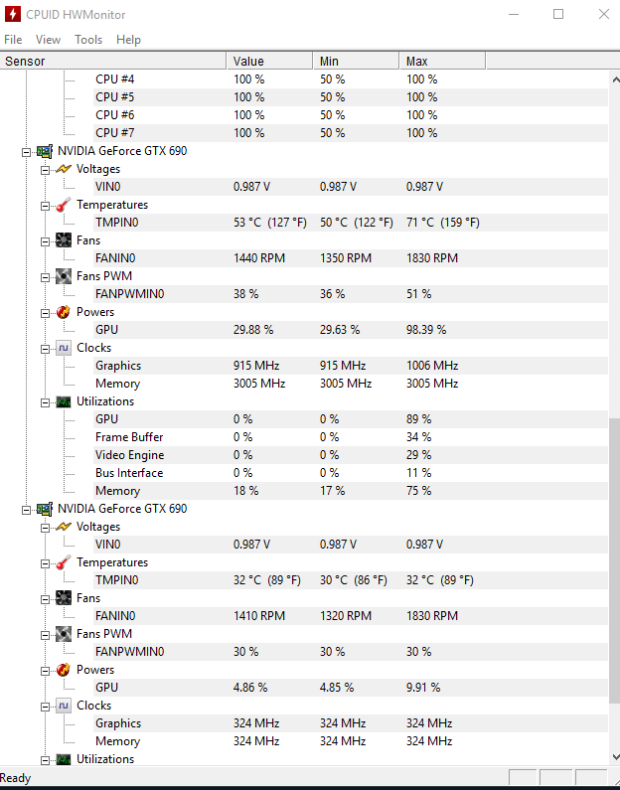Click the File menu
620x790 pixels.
(x=13, y=40)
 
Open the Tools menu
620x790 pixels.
(x=88, y=40)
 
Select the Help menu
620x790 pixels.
(x=128, y=40)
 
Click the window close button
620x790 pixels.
(x=603, y=14)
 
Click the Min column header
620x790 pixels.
(x=330, y=62)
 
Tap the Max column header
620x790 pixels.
(x=417, y=62)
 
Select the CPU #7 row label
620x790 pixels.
(x=114, y=133)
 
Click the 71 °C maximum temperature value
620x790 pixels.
(x=442, y=223)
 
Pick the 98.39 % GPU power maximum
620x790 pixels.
(x=425, y=330)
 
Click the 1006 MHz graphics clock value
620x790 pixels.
(x=432, y=366)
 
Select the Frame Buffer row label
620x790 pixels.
(x=129, y=437)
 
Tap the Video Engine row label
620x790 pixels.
(x=130, y=455)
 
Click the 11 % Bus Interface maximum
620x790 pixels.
(x=418, y=473)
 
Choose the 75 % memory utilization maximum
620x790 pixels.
(x=418, y=491)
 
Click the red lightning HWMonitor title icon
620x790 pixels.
(x=13, y=14)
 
